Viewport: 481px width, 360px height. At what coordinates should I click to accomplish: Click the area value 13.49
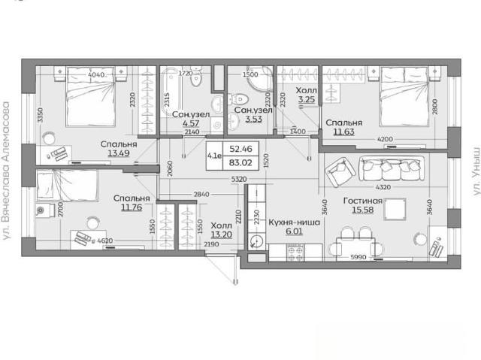(119, 153)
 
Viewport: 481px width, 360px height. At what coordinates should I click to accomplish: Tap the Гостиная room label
(363, 201)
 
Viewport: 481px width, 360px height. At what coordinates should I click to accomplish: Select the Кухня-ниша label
(294, 222)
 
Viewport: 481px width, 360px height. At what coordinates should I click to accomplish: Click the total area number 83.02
(240, 162)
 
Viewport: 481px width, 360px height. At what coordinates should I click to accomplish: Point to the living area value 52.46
(240, 149)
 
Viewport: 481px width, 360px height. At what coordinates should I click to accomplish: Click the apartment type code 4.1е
(214, 156)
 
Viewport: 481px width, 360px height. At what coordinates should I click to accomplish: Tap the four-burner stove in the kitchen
(295, 253)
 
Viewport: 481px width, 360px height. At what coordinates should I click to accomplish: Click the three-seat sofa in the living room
(392, 168)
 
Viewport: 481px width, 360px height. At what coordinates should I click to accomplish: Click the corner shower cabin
(260, 79)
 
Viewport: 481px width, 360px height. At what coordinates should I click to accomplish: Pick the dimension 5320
(239, 179)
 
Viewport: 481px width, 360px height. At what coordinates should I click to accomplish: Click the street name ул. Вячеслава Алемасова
(6, 171)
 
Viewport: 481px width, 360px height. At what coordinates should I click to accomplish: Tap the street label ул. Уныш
(476, 171)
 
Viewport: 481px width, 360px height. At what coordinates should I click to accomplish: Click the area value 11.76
(132, 207)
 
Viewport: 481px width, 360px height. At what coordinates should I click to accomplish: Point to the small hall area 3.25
(307, 99)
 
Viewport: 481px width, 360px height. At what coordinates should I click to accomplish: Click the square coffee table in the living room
(395, 209)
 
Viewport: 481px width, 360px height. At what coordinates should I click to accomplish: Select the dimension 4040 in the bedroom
(96, 74)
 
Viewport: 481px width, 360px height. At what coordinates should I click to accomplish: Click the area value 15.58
(362, 210)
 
